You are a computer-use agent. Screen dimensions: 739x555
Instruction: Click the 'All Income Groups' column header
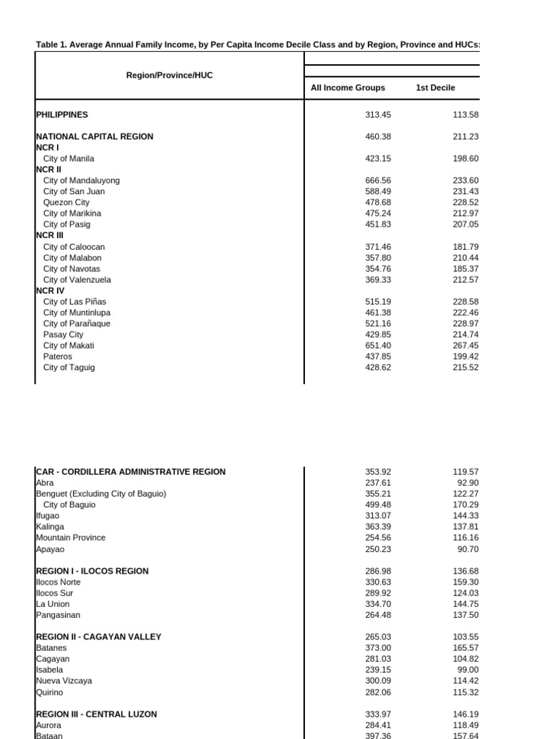click(x=348, y=88)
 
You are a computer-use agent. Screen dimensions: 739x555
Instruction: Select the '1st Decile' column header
click(x=435, y=88)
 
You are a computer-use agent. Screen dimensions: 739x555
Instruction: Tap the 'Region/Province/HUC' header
click(x=170, y=75)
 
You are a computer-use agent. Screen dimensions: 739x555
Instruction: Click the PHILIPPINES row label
click(x=62, y=114)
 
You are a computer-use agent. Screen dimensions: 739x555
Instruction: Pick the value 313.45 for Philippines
click(x=378, y=114)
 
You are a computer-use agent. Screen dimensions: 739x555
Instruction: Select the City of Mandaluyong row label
click(x=82, y=180)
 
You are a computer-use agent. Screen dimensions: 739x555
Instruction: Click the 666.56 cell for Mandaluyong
click(x=378, y=180)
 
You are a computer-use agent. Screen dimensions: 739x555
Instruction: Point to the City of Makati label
click(x=69, y=346)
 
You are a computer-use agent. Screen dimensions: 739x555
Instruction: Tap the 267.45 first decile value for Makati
click(x=465, y=346)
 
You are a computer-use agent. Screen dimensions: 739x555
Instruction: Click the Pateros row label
click(x=58, y=357)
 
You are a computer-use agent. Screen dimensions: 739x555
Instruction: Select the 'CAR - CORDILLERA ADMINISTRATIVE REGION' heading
click(x=131, y=472)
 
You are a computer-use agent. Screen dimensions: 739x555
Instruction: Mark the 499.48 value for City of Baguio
click(x=378, y=505)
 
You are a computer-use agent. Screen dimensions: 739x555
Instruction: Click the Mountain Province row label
click(x=70, y=538)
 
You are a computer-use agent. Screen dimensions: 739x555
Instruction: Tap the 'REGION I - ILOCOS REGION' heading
click(x=92, y=571)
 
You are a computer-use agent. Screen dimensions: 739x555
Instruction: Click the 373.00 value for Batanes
click(x=378, y=648)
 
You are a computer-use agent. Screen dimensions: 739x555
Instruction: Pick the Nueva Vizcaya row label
click(x=64, y=681)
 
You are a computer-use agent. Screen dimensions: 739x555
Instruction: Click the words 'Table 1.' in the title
click(x=52, y=45)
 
